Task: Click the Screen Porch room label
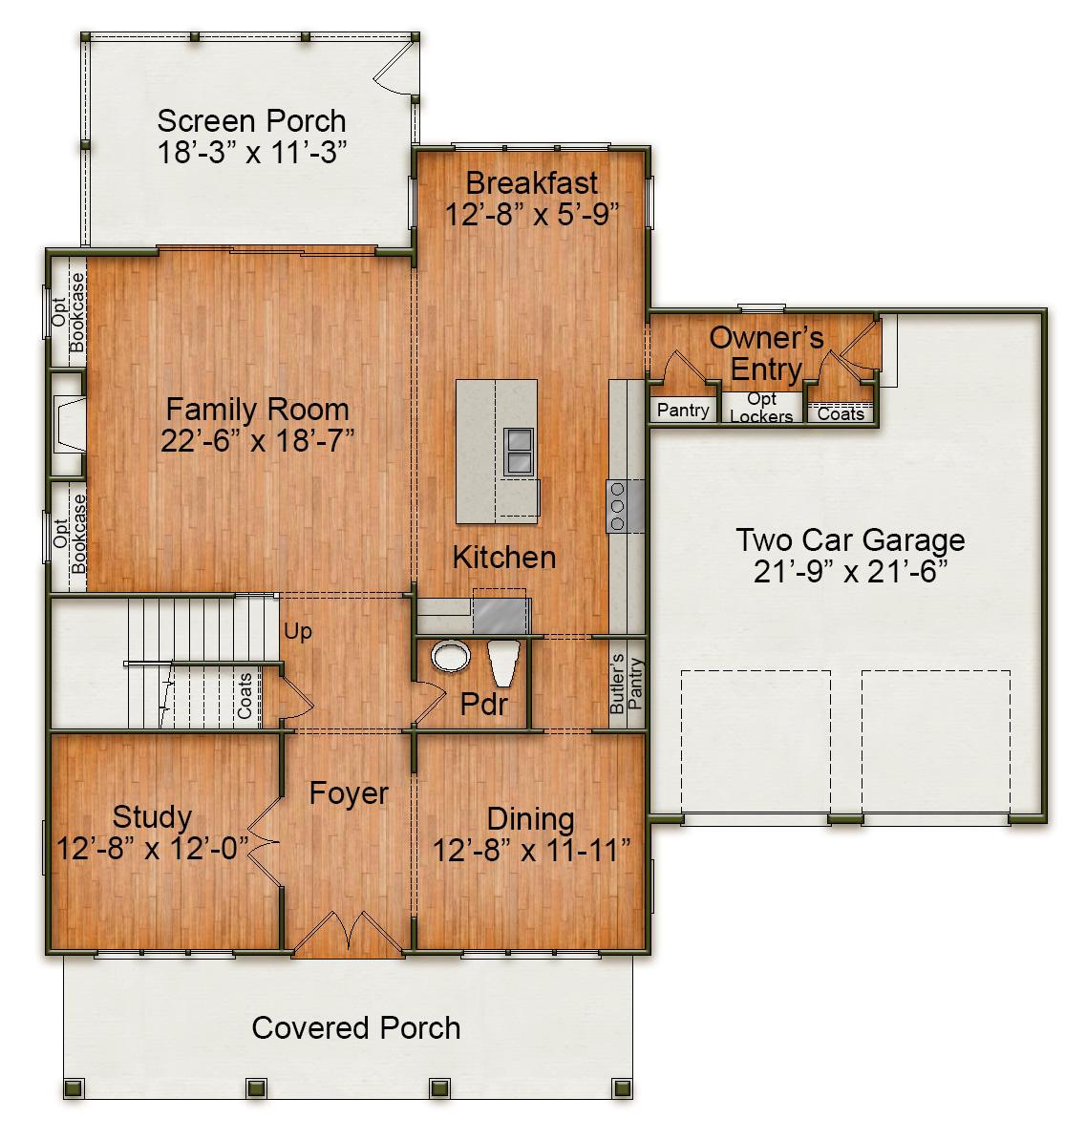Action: (x=251, y=121)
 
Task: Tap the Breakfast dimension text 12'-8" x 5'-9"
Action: (x=532, y=214)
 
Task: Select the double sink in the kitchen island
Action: (x=520, y=452)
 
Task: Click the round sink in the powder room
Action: (x=450, y=657)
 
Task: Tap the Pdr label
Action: (x=483, y=704)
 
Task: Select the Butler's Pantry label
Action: (x=626, y=685)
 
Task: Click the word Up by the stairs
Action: (x=297, y=632)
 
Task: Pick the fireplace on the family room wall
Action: (x=68, y=424)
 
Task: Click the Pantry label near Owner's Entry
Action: (x=683, y=411)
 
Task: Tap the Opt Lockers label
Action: (x=761, y=408)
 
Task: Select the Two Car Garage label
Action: (x=849, y=539)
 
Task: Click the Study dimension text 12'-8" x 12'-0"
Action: (x=153, y=848)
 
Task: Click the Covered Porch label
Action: (x=355, y=1027)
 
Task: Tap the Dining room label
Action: (x=530, y=818)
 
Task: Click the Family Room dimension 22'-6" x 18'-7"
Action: (x=257, y=440)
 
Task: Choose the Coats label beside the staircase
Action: (x=245, y=696)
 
